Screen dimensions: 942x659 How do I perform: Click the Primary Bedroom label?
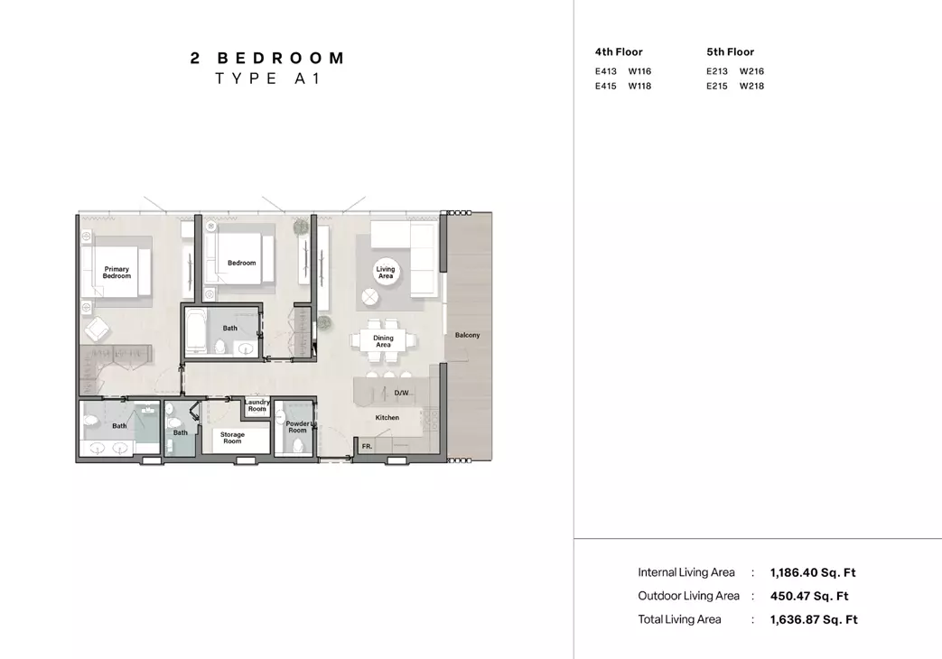click(117, 273)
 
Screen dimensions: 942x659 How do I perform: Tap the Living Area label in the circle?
click(386, 273)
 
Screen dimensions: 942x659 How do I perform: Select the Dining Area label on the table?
click(383, 341)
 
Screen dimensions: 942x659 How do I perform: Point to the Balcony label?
click(468, 335)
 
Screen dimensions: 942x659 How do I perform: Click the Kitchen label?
click(387, 417)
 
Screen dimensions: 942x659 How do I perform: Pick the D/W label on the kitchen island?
click(401, 393)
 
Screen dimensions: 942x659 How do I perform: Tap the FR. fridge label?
click(367, 446)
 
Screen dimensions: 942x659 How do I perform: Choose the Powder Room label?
click(297, 426)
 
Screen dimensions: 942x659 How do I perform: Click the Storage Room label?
click(232, 438)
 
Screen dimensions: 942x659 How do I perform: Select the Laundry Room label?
click(257, 405)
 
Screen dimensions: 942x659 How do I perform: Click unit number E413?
click(605, 71)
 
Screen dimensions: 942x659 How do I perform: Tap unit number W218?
click(751, 86)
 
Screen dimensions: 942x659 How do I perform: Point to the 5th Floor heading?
click(730, 52)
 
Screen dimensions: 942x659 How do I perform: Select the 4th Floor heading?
click(619, 52)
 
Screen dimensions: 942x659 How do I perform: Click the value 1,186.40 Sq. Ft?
click(813, 572)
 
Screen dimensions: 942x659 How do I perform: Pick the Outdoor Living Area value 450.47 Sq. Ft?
click(809, 596)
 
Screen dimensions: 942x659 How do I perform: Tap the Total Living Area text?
click(679, 619)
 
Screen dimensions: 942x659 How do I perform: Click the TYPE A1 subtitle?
click(268, 79)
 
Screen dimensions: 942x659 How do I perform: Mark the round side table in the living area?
click(370, 297)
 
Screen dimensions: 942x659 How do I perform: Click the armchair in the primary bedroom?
click(97, 329)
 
